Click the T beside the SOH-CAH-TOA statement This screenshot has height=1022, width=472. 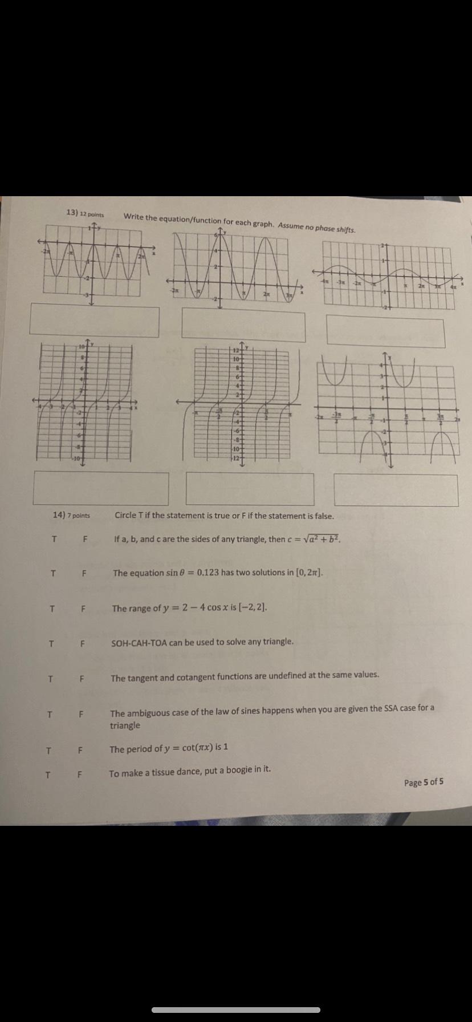[x=51, y=644]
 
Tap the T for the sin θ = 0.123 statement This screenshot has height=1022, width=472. [x=53, y=573]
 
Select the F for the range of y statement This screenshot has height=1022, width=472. [x=83, y=609]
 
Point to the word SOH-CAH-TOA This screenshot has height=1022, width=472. [x=138, y=642]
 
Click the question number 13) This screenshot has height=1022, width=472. [x=72, y=212]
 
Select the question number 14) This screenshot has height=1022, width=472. [x=59, y=514]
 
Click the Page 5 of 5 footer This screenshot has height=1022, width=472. [x=424, y=782]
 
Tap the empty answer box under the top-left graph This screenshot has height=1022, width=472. [x=95, y=320]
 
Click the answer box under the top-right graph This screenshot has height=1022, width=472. [x=385, y=332]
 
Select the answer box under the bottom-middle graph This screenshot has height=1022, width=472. [x=250, y=489]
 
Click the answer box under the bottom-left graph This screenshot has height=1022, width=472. [x=101, y=488]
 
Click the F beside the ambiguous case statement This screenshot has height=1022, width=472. [x=81, y=714]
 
